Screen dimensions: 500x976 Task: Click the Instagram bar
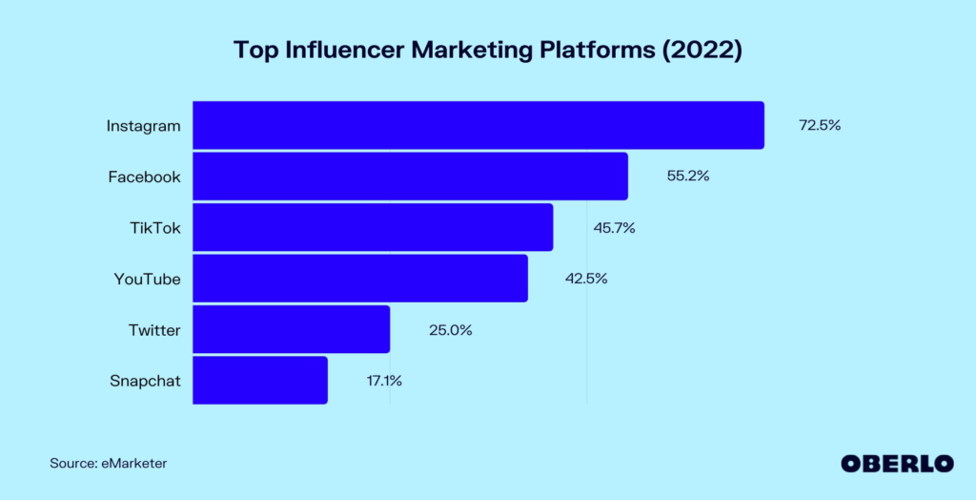(x=478, y=125)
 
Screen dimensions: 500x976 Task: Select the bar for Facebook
(x=410, y=177)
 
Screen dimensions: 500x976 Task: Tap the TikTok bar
(x=373, y=227)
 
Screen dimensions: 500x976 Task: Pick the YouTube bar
(x=360, y=279)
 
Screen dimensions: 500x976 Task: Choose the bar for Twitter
(x=291, y=329)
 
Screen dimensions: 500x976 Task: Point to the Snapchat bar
(x=260, y=381)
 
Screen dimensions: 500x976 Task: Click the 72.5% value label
(x=819, y=125)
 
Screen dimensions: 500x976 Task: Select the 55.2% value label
(x=687, y=177)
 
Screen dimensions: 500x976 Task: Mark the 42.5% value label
(x=586, y=279)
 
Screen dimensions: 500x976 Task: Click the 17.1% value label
(x=384, y=381)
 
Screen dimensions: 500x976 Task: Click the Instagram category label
(x=143, y=126)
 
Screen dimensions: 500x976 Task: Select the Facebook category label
(x=143, y=177)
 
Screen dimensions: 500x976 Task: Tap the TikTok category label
(x=155, y=228)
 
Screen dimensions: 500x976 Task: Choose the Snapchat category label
(x=145, y=382)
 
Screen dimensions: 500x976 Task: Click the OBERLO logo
(x=897, y=463)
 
